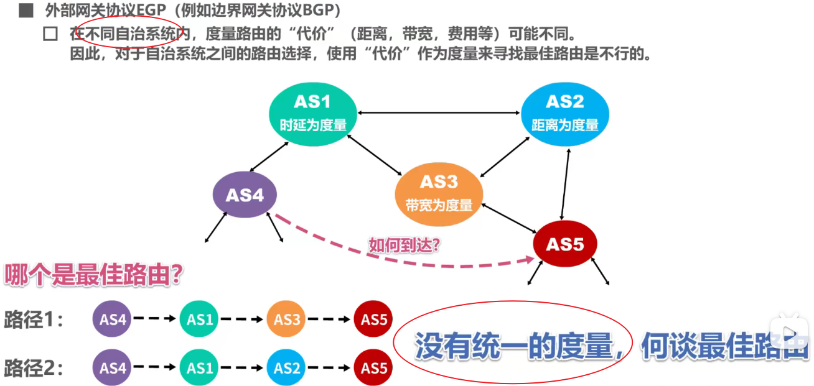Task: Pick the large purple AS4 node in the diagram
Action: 245,195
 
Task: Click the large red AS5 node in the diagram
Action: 564,244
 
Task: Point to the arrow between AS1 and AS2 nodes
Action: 439,113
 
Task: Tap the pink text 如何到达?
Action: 405,245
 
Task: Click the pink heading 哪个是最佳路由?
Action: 93,275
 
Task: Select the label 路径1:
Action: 34,320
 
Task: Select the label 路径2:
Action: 34,369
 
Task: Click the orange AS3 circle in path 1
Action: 287,319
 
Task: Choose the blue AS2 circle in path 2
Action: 287,368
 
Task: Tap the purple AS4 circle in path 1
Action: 113,319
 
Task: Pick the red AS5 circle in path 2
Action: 374,368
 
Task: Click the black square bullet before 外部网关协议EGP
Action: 26,11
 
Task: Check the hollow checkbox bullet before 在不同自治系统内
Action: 50,34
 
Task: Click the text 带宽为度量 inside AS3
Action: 439,204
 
